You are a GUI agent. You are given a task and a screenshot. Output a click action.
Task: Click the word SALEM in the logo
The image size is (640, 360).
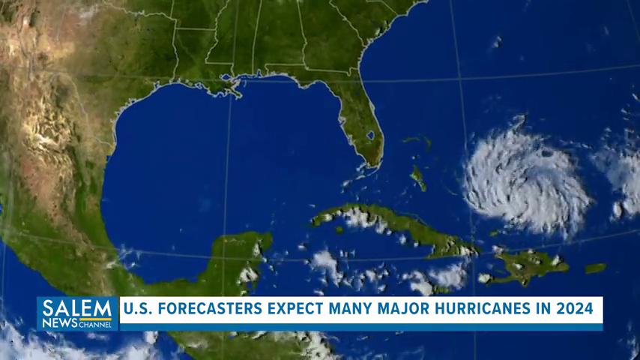[77, 307]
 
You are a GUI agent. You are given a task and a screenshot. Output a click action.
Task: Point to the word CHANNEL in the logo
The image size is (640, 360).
[96, 324]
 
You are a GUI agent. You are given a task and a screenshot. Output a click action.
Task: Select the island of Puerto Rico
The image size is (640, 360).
[595, 268]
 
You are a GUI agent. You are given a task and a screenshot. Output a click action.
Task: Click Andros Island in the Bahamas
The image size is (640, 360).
[417, 178]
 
